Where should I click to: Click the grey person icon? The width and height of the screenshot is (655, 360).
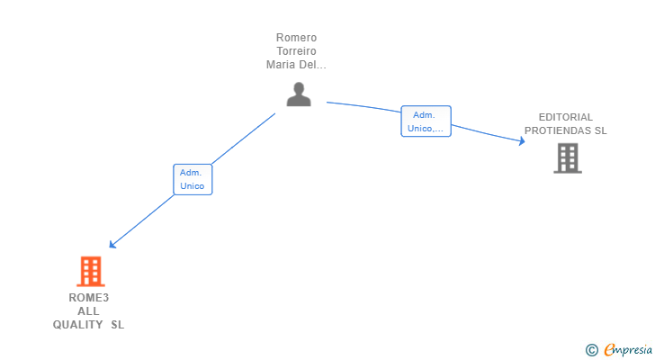[299, 94]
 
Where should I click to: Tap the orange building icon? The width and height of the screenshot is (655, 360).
[90, 271]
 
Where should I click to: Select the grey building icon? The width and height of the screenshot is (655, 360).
[567, 158]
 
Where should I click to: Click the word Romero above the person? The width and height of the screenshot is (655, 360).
[296, 38]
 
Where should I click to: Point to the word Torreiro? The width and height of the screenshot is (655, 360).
[296, 51]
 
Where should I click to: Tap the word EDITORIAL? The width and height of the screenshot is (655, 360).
[566, 117]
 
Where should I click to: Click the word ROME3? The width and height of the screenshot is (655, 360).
[88, 298]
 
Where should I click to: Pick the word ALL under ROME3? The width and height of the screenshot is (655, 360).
[88, 311]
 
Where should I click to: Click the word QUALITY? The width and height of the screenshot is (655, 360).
[78, 325]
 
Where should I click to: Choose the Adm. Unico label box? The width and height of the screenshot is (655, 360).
[193, 179]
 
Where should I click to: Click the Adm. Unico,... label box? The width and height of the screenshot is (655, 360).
[426, 121]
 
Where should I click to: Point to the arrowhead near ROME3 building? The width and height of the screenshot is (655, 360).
[112, 244]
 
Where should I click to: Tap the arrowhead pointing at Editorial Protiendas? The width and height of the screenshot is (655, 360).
[521, 141]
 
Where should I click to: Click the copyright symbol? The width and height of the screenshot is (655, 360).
[591, 350]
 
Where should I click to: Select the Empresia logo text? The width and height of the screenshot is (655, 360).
[628, 350]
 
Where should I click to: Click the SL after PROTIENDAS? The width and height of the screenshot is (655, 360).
[599, 130]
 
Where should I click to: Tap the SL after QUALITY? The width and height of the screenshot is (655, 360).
[117, 325]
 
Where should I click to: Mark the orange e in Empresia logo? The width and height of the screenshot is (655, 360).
[609, 350]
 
